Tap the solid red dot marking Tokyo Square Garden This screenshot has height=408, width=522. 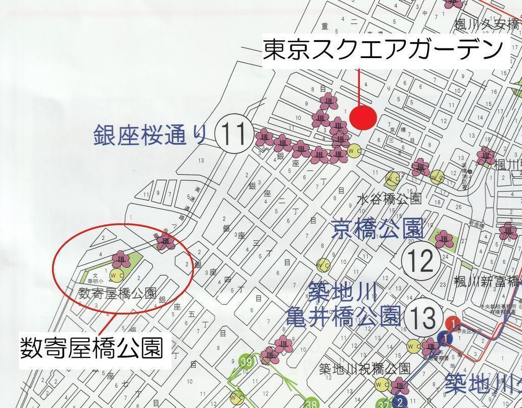tap(364, 117)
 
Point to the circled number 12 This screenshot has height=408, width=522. tap(421, 261)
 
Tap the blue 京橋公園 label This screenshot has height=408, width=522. tap(377, 229)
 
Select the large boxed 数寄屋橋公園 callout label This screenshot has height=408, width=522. tap(92, 348)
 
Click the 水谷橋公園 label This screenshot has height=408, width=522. tap(389, 199)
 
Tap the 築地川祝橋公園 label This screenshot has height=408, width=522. tap(365, 368)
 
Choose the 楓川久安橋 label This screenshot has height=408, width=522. tap(486, 23)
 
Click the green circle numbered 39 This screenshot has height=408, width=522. tap(247, 362)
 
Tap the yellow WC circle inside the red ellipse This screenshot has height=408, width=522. tap(117, 276)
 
